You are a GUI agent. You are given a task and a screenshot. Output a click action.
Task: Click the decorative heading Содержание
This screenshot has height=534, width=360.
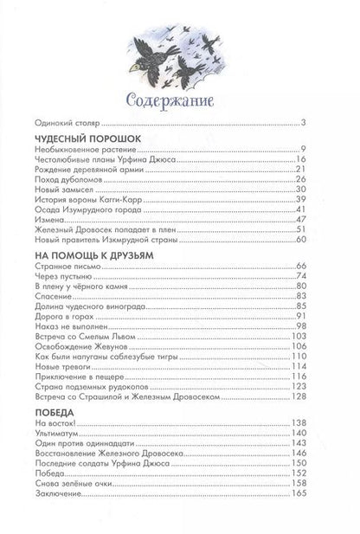178,96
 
